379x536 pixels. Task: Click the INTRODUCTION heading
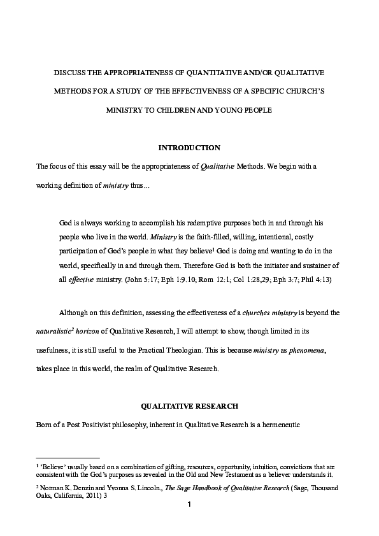tap(189, 148)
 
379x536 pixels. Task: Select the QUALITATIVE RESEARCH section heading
tap(189, 406)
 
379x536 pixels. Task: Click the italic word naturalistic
tap(55, 332)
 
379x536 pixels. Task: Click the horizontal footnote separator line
tap(68, 458)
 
